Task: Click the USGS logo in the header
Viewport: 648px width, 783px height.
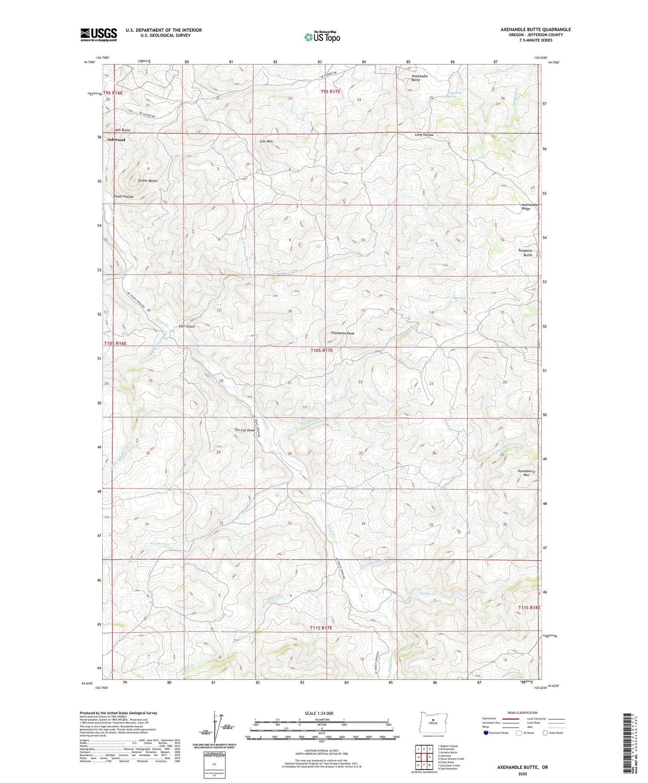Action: click(99, 35)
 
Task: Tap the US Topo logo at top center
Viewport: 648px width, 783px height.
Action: click(322, 36)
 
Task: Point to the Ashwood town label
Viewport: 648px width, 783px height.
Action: click(116, 140)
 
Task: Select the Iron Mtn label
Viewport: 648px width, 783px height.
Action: click(266, 141)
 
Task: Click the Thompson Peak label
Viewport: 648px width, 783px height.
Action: click(343, 333)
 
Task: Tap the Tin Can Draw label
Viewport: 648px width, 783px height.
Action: click(245, 430)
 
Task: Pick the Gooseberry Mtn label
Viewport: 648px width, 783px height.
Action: click(526, 474)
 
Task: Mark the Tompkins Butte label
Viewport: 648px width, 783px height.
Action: click(525, 253)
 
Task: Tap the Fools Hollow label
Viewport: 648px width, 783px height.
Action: click(124, 196)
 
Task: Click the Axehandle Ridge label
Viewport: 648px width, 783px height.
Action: click(529, 207)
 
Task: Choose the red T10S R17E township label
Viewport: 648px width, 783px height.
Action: click(322, 350)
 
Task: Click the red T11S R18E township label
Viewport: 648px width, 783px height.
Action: click(529, 607)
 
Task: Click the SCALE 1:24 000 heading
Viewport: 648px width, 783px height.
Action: click(318, 713)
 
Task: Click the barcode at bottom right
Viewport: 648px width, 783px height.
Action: click(628, 744)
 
